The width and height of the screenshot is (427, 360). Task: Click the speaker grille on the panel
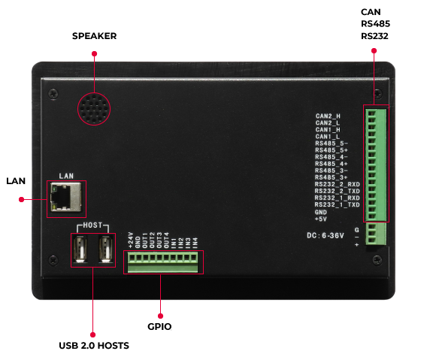tap(94, 109)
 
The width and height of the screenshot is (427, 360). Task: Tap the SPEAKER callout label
tap(94, 36)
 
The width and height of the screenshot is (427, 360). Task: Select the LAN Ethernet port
tap(66, 197)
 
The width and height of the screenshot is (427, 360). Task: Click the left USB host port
tap(80, 249)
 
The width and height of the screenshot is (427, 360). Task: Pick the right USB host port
tap(106, 249)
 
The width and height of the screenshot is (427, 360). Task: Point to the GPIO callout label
tap(159, 326)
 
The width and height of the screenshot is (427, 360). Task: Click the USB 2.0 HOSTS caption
tap(94, 346)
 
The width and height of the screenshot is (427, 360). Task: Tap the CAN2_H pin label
tap(328, 116)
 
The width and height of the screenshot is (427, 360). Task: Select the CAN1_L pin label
tap(328, 137)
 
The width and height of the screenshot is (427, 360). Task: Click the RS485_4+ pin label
tap(332, 164)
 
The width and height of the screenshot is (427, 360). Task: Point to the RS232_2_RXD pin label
tap(338, 184)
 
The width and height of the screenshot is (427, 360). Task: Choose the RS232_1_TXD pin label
tap(338, 204)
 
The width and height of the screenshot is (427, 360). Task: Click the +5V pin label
tap(321, 219)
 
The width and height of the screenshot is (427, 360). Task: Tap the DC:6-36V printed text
tap(326, 235)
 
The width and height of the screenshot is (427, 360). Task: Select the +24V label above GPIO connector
tap(131, 241)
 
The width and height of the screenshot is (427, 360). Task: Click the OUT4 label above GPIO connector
tap(166, 241)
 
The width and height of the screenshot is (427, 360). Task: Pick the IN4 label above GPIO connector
tap(195, 243)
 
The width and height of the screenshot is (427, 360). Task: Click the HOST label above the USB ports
tap(92, 225)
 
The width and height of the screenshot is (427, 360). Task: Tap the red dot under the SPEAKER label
tap(94, 53)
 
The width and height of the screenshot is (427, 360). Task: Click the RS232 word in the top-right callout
tap(374, 36)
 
